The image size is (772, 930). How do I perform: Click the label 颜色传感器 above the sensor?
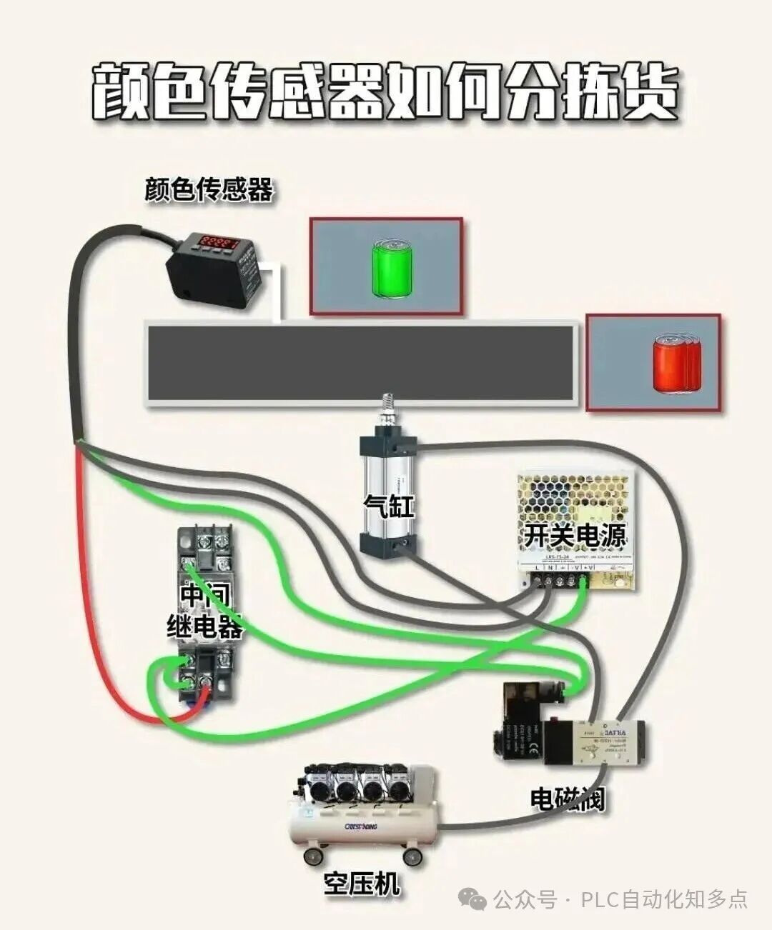pos(208,190)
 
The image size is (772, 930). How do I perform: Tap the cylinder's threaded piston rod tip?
pos(389,408)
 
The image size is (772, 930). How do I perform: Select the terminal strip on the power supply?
pos(562,581)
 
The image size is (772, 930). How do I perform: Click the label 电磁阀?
pos(567,799)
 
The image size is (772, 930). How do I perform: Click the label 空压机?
pos(362,884)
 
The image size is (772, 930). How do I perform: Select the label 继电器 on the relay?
pos(205,626)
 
